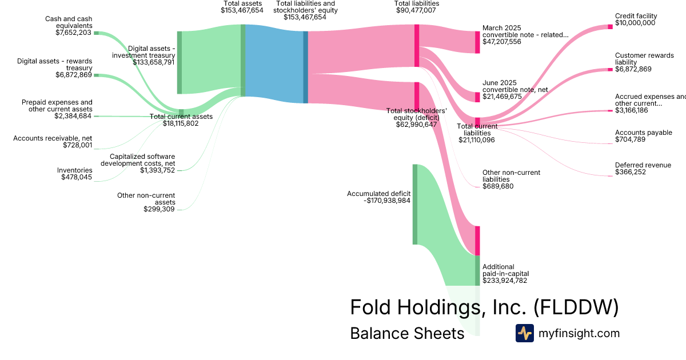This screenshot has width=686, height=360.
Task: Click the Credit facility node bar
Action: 610,27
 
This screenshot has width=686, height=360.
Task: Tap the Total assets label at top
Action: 242,3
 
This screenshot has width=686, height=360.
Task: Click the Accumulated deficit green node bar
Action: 415,204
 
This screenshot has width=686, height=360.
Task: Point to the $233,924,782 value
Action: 505,281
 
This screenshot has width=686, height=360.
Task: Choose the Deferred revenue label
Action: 643,165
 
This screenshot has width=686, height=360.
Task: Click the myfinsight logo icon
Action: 524,333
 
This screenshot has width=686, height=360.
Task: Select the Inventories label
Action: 74,170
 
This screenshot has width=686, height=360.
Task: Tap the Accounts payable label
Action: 643,133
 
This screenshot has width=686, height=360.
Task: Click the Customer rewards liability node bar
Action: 610,70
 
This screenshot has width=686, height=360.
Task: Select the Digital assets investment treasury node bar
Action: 180,62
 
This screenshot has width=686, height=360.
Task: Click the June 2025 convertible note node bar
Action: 477,97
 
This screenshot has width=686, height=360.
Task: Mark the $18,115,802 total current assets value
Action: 181,123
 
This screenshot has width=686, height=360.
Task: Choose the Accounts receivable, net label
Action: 53,138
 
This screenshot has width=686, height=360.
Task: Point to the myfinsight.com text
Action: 579,333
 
